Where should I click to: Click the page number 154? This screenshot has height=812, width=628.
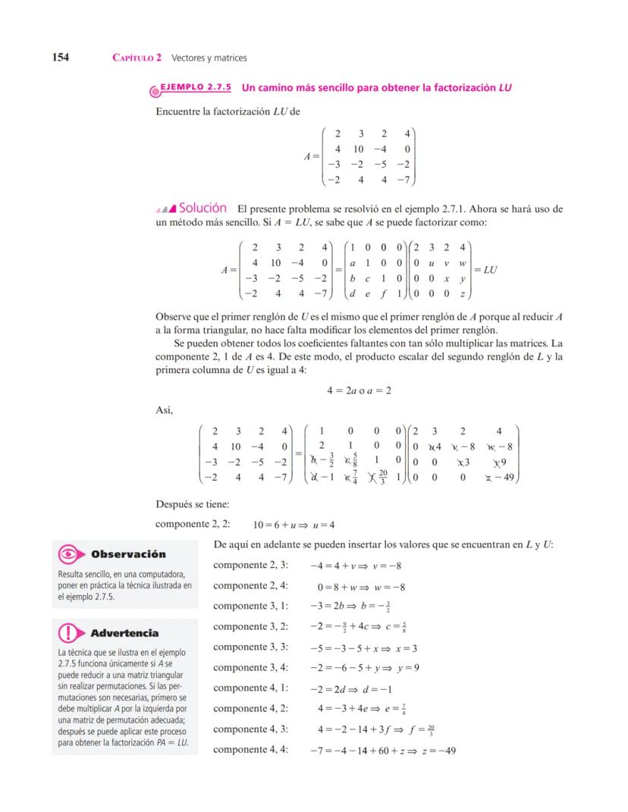point(61,58)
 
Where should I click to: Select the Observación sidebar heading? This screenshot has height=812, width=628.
point(129,554)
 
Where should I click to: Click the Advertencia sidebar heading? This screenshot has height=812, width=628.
point(124,632)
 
